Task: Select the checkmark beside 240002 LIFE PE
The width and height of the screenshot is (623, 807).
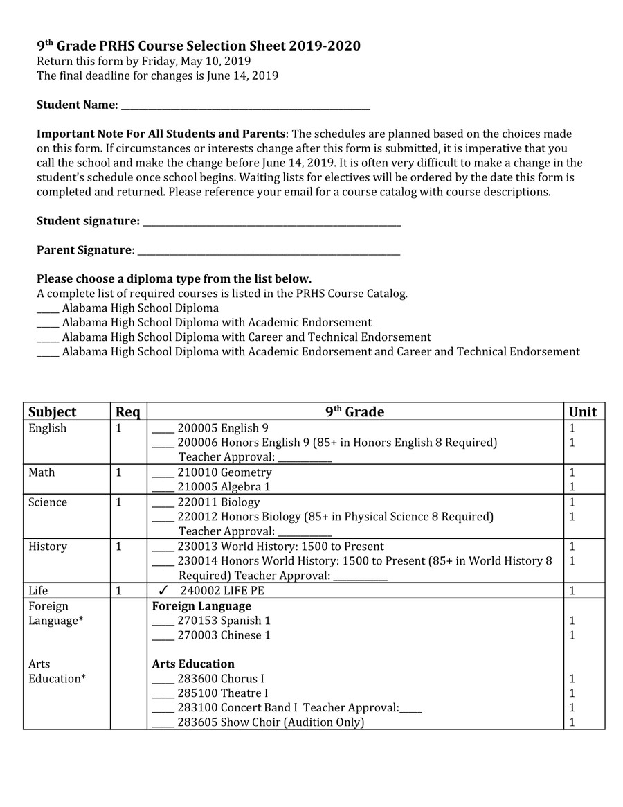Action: pos(163,591)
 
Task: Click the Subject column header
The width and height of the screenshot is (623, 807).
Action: pos(53,411)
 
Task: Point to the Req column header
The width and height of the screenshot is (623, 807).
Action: pos(127,411)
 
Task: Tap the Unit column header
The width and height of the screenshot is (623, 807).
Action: pos(582,411)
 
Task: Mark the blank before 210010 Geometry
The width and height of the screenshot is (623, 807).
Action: pos(163,474)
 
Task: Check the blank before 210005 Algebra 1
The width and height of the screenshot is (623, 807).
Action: pos(163,488)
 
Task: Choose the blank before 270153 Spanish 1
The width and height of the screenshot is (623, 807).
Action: pos(163,622)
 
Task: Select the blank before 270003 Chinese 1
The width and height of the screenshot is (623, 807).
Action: pos(163,637)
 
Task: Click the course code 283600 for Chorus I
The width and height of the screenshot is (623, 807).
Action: pos(197,679)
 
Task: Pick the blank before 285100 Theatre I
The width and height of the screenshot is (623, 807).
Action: pos(163,695)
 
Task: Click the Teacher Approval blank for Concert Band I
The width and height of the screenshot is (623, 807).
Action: pos(410,709)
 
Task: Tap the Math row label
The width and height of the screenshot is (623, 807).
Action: pos(42,472)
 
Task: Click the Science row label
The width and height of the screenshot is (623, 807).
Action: pos(48,502)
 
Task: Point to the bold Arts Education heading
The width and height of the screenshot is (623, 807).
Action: pos(193,664)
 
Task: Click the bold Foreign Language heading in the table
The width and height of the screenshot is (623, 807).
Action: pos(201,606)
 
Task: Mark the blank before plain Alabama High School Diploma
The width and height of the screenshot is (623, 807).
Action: pos(48,310)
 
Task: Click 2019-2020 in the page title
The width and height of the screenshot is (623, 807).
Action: pos(325,46)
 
